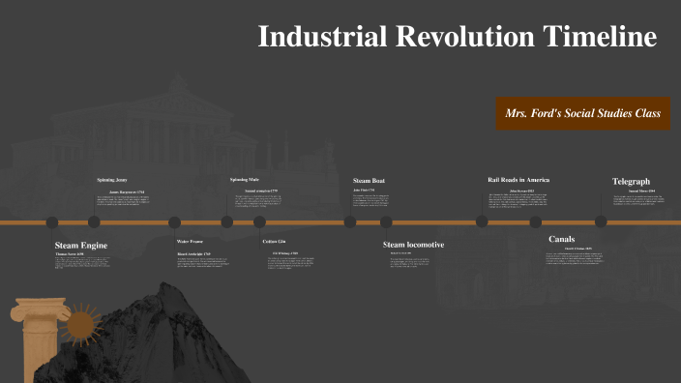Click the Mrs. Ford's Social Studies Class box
pos(582,113)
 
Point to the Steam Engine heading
pos(81,246)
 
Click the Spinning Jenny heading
pos(112,180)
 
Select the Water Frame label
pos(190,241)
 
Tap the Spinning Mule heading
pos(245,180)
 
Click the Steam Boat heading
pos(369,180)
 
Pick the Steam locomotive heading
pos(413,245)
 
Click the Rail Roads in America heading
pos(518,180)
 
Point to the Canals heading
pos(562,238)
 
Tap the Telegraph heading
pos(631,181)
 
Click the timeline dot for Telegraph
pos(601,221)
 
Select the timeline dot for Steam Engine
pos(52,221)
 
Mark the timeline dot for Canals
pos(535,221)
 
